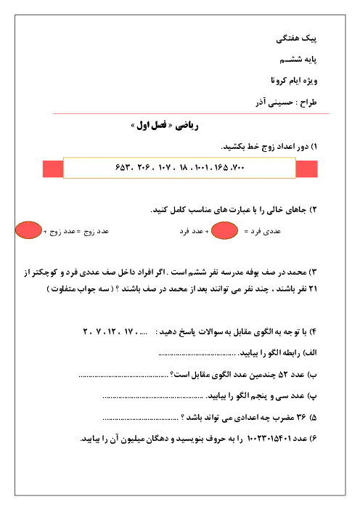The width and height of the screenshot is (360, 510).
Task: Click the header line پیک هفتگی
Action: click(296, 39)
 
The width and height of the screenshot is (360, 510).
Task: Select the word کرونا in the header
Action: click(279, 80)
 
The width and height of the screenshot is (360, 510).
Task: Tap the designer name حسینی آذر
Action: click(274, 102)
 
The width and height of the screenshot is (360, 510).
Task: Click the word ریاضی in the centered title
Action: click(187, 126)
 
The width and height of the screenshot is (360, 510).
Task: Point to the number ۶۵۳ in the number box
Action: click(123, 168)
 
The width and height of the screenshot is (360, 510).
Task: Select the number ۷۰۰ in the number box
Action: click(238, 168)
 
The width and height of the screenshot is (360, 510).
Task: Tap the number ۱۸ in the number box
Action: click(184, 168)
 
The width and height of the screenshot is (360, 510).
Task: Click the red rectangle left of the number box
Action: click(53, 169)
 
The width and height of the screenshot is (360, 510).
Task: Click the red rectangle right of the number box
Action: click(307, 169)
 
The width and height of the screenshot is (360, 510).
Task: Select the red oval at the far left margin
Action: click(28, 230)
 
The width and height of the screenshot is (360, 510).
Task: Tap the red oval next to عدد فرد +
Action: click(224, 230)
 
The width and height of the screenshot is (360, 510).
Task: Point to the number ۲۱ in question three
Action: click(313, 289)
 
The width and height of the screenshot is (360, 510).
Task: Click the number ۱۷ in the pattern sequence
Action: click(128, 332)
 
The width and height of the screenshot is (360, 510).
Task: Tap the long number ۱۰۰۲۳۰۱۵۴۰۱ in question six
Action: click(269, 439)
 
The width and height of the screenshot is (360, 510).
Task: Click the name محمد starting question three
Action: click(298, 272)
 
